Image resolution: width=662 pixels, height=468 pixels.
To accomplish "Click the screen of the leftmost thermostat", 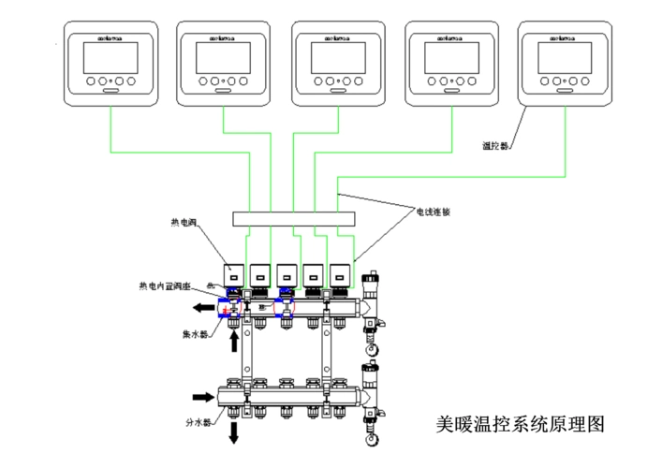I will pyautogui.click(x=111, y=58).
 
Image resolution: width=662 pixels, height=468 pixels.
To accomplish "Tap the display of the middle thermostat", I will pyautogui.click(x=339, y=58).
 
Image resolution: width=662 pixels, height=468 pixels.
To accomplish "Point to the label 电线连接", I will pyautogui.click(x=433, y=212).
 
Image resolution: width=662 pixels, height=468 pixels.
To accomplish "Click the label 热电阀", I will pyautogui.click(x=185, y=223).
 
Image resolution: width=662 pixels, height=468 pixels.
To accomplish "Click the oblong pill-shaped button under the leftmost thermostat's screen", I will pyautogui.click(x=111, y=91).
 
